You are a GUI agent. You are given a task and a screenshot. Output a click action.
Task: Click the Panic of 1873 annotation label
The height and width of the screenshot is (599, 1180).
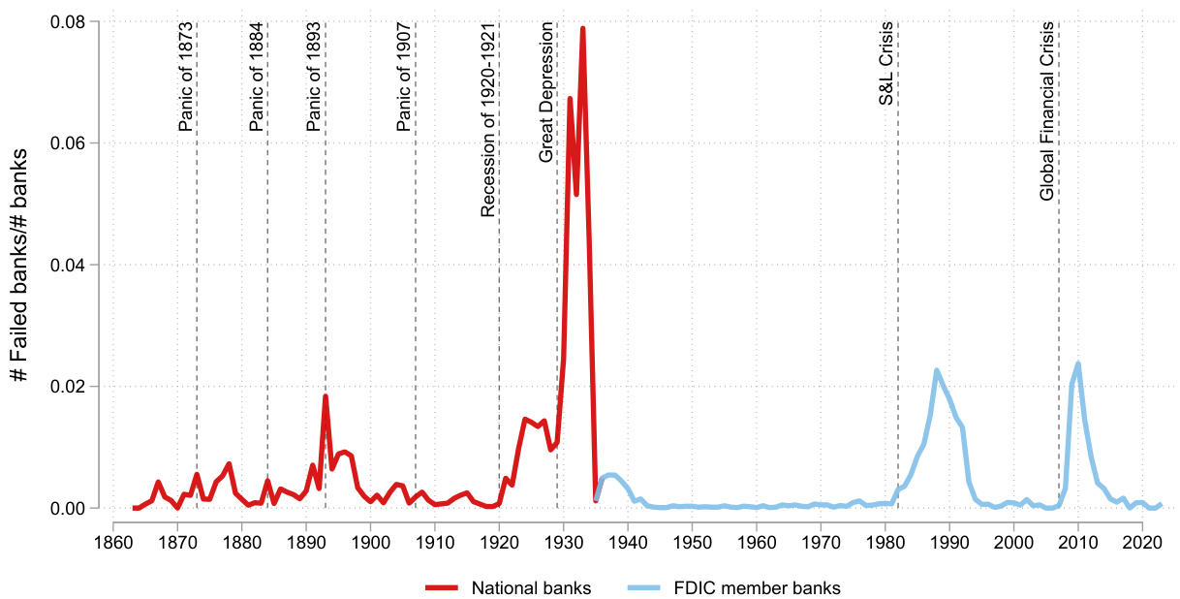click(187, 77)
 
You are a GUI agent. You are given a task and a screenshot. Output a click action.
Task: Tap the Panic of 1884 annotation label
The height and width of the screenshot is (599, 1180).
click(257, 77)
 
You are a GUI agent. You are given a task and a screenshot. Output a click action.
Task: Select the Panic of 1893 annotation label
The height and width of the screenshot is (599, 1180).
click(314, 77)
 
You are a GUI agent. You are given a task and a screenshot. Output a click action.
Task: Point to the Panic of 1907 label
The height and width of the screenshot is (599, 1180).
click(404, 77)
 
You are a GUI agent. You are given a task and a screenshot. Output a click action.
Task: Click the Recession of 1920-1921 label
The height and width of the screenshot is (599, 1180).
click(488, 120)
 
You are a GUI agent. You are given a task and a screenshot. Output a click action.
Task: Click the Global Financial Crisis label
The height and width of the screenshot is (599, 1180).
click(1047, 124)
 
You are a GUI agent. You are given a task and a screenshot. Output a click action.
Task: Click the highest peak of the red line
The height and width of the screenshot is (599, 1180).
click(582, 28)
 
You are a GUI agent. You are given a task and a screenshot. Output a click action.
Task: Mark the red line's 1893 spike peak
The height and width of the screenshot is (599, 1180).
click(326, 396)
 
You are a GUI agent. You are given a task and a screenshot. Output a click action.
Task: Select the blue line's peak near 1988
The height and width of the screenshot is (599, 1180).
click(937, 370)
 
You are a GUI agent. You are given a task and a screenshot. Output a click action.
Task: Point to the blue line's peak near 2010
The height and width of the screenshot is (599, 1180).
click(1077, 364)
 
